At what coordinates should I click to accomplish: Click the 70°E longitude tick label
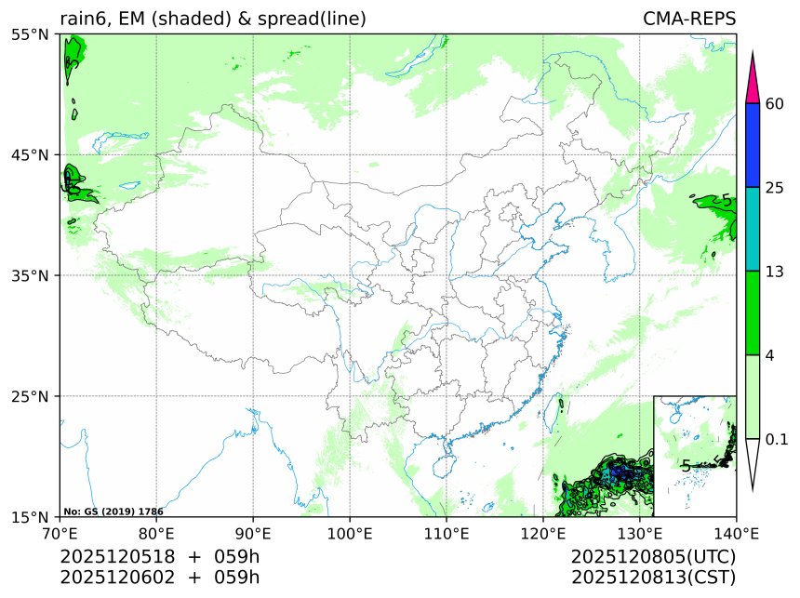(x=60, y=534)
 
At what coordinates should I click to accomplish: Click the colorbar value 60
(x=776, y=103)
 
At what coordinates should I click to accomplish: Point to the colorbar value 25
(x=776, y=187)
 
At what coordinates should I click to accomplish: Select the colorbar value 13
(x=776, y=271)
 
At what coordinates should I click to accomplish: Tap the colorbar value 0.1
(x=778, y=438)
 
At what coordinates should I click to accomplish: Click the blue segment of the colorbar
(x=754, y=144)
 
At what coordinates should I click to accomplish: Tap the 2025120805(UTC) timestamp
(x=654, y=556)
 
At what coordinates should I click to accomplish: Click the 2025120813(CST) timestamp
(x=654, y=577)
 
